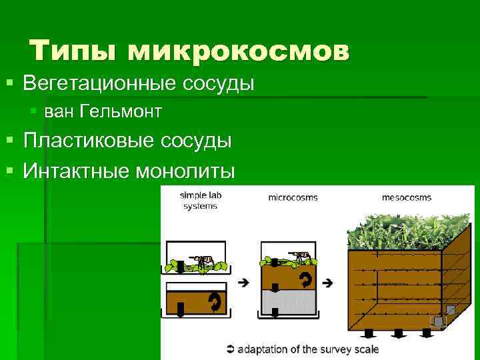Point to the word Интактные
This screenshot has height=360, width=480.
point(77,171)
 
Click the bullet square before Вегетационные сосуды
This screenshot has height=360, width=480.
point(10,84)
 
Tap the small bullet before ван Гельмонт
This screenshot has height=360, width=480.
point(34,111)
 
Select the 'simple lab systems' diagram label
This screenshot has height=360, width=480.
point(199,201)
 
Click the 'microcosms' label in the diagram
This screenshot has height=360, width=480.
point(293,197)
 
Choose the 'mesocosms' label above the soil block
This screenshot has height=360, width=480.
point(406,197)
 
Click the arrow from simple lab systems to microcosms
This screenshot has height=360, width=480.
point(243,282)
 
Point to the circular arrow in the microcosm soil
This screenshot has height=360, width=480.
point(306,277)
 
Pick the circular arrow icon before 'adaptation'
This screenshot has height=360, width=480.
point(231,349)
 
